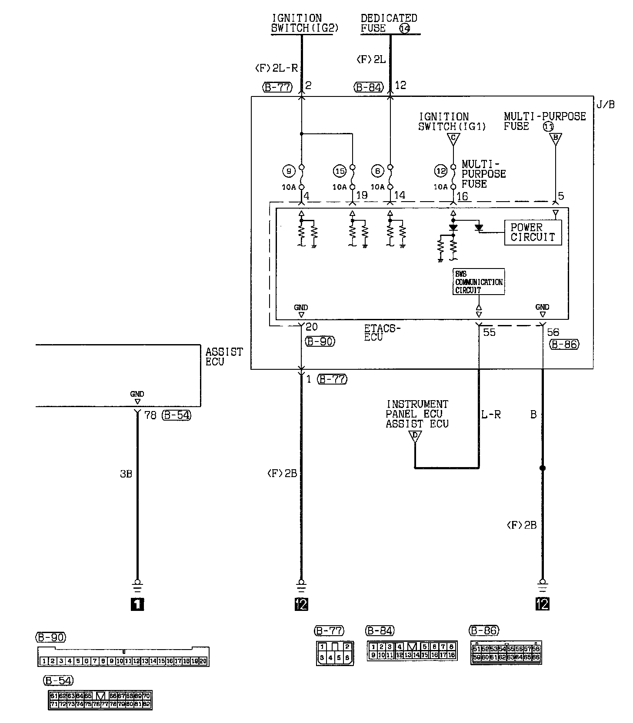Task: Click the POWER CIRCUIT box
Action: (x=533, y=232)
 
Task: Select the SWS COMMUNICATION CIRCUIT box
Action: (x=478, y=282)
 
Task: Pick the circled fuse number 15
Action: (x=339, y=171)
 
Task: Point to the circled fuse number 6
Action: (x=377, y=171)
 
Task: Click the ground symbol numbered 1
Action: (x=137, y=604)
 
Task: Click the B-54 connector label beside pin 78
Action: (x=176, y=415)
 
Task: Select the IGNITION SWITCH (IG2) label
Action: (x=304, y=23)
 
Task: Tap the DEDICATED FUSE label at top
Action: (x=389, y=23)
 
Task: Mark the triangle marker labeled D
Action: (x=416, y=436)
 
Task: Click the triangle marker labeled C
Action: (x=453, y=139)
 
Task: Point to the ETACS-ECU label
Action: (x=382, y=332)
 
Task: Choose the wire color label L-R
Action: (x=491, y=415)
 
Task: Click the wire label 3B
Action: (x=126, y=474)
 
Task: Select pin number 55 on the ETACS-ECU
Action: (x=489, y=333)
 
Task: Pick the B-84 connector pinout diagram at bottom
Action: (x=412, y=650)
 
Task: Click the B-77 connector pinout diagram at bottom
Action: (x=334, y=653)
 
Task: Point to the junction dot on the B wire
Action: (x=542, y=468)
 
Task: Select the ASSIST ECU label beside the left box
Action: (x=224, y=357)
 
